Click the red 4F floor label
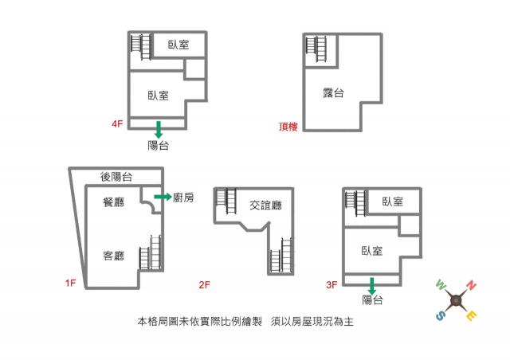(117, 124)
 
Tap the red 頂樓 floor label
(288, 126)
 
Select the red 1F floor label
(71, 283)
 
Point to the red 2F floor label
(205, 285)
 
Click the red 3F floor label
(331, 285)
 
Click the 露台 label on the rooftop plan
(333, 93)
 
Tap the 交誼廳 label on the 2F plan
(265, 205)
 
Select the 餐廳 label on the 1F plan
(114, 202)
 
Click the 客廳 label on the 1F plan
(114, 256)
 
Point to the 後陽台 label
(116, 177)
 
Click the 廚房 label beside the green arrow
(183, 197)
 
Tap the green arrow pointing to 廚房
(163, 197)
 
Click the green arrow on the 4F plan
(159, 130)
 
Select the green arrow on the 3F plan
(372, 286)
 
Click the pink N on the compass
(471, 285)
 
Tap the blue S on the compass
(440, 315)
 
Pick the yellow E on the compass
(471, 315)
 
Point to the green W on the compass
(441, 285)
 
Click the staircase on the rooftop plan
(316, 49)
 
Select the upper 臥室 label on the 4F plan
(178, 45)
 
